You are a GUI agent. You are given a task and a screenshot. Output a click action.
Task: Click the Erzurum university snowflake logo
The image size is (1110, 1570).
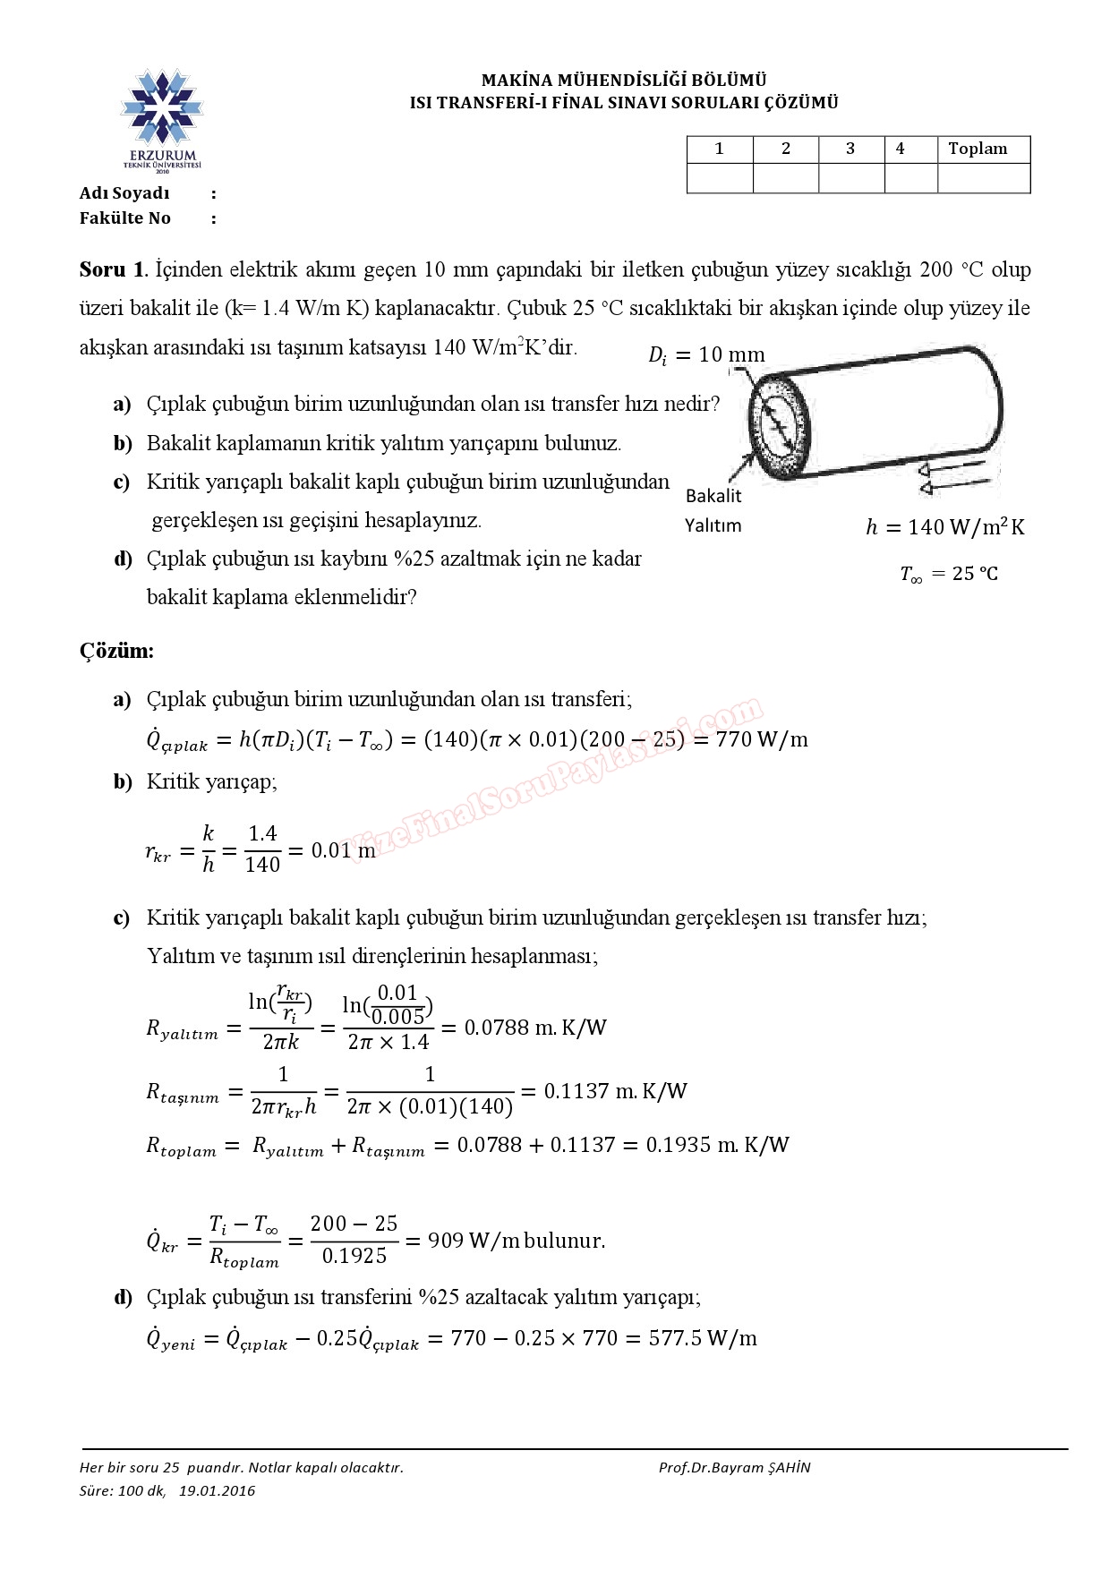(x=162, y=107)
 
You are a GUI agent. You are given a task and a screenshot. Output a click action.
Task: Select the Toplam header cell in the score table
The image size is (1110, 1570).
(x=978, y=149)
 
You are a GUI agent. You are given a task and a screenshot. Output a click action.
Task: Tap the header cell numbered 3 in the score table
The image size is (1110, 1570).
(x=850, y=149)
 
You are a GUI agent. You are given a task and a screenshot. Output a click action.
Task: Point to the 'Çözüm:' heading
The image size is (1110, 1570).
(x=116, y=651)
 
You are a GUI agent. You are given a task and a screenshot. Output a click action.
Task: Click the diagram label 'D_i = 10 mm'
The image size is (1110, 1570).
(x=706, y=355)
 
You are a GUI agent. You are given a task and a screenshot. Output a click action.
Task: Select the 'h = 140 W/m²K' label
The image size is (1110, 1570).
(x=944, y=527)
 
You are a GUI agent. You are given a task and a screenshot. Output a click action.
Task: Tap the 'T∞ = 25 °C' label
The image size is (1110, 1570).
(x=948, y=574)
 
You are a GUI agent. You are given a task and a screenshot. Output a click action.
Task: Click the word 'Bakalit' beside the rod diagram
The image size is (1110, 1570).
(x=713, y=496)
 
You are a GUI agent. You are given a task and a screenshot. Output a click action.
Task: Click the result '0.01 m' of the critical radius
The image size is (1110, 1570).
(x=344, y=850)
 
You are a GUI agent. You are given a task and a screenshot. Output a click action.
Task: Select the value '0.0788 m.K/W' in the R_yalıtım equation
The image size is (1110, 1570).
(x=535, y=1028)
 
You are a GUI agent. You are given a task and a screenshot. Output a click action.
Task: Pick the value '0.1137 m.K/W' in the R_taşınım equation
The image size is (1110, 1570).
(x=616, y=1091)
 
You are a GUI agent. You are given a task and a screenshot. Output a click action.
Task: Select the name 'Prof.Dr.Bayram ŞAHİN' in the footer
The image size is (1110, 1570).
(x=734, y=1467)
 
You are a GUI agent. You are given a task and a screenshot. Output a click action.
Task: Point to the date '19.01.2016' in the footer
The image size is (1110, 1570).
(x=217, y=1490)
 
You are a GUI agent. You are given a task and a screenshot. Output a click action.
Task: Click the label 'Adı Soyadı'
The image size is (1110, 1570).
(x=124, y=193)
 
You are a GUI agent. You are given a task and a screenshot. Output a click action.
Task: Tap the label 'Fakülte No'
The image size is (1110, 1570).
(x=124, y=218)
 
